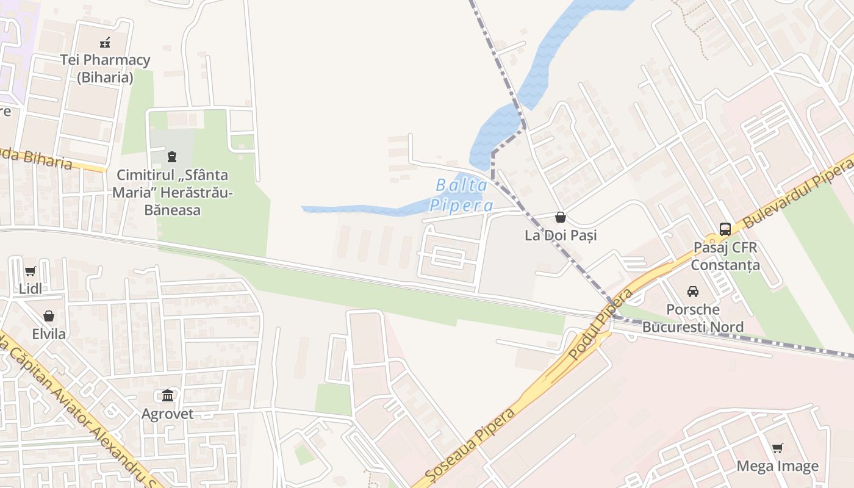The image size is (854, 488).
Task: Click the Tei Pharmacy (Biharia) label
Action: tap(105, 68)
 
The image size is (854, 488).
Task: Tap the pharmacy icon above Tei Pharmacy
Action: tap(105, 42)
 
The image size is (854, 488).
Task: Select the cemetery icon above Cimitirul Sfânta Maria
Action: tap(172, 157)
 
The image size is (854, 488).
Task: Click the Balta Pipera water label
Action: tap(461, 195)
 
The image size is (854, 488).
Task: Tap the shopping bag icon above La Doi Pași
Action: tap(561, 217)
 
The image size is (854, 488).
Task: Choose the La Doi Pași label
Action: tap(561, 235)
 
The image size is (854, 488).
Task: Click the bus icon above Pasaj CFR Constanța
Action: tap(725, 229)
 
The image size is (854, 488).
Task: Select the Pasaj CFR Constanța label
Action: tap(725, 256)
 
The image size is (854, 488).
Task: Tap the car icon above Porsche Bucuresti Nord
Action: tap(693, 291)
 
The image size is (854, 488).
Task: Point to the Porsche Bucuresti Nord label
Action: tap(693, 318)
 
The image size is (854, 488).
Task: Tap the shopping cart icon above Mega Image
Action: tap(778, 448)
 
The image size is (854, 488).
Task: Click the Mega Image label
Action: tap(778, 467)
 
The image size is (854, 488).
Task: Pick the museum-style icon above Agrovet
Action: tap(168, 395)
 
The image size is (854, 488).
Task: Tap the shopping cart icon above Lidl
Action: tap(30, 271)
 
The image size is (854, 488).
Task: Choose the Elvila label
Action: tap(49, 334)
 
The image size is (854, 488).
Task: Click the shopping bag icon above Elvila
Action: tap(49, 316)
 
